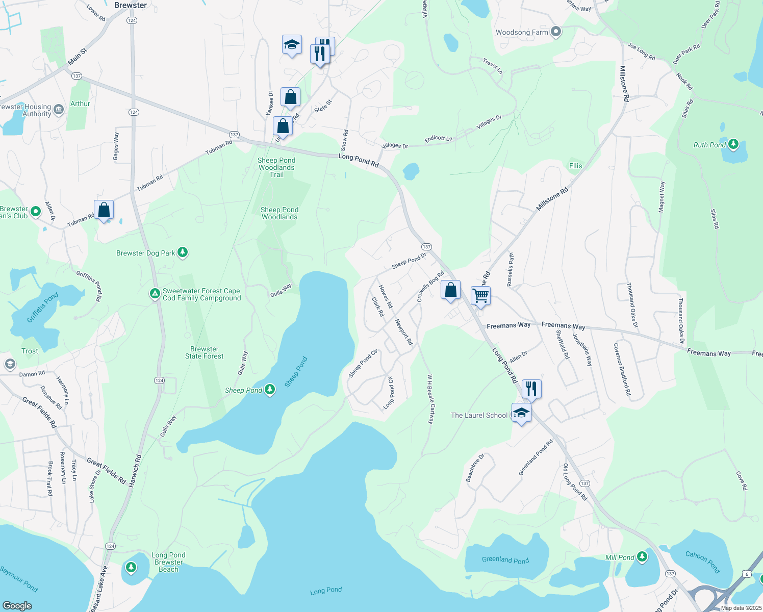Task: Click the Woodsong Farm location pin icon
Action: click(556, 32)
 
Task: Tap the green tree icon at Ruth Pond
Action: click(733, 144)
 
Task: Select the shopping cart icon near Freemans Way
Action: click(480, 295)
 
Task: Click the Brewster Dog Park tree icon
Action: click(183, 252)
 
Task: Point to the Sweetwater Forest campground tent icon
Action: click(155, 294)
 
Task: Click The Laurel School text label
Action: click(479, 415)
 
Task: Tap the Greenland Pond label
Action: click(505, 560)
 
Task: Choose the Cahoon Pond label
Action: click(702, 562)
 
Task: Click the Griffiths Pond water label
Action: click(42, 308)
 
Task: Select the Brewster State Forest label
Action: click(204, 353)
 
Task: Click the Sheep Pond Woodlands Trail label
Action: click(276, 167)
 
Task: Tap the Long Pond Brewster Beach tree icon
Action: click(131, 567)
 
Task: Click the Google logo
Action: click(17, 605)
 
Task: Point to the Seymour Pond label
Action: click(19, 579)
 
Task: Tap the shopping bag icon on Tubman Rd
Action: click(104, 210)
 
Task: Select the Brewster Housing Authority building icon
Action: click(59, 110)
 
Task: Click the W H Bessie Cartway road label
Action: click(430, 399)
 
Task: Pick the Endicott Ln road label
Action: click(438, 139)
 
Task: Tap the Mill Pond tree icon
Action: click(642, 557)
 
